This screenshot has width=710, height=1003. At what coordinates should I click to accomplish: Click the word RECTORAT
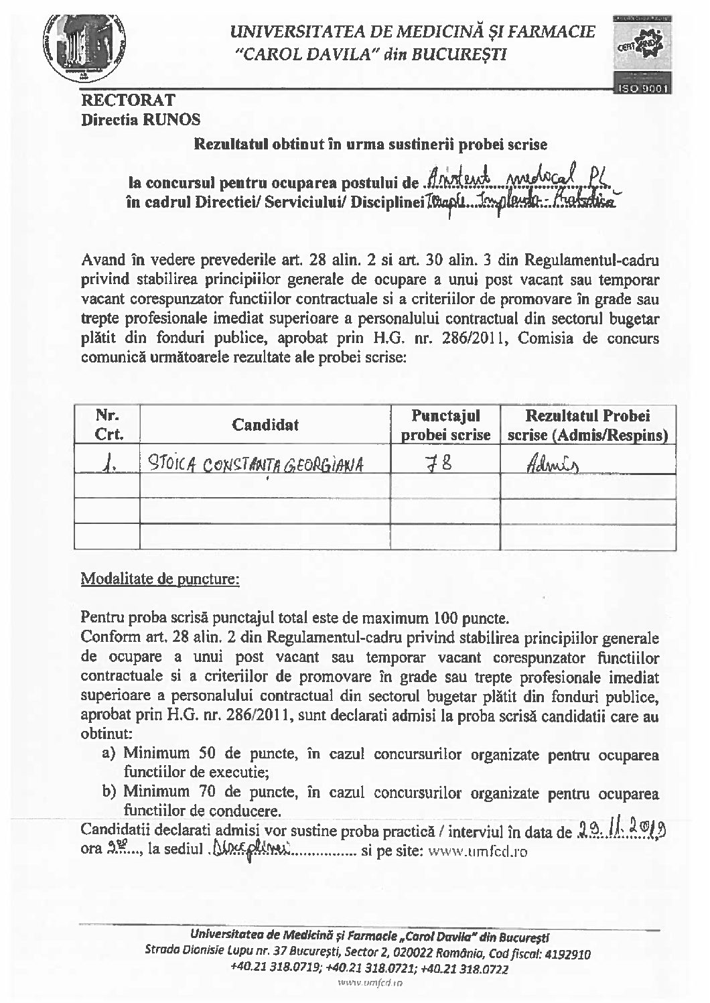128,101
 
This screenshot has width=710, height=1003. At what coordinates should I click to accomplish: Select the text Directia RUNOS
141,120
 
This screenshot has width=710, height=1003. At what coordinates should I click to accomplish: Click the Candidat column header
265,424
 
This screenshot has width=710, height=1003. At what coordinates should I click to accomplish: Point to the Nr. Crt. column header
109,425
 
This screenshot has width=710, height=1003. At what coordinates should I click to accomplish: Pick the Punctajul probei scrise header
445,425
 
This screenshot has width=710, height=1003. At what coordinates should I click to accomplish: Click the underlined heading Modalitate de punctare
159,578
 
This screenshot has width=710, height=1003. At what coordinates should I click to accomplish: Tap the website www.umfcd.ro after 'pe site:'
478,852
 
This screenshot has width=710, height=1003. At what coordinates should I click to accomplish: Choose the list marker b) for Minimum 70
111,791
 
